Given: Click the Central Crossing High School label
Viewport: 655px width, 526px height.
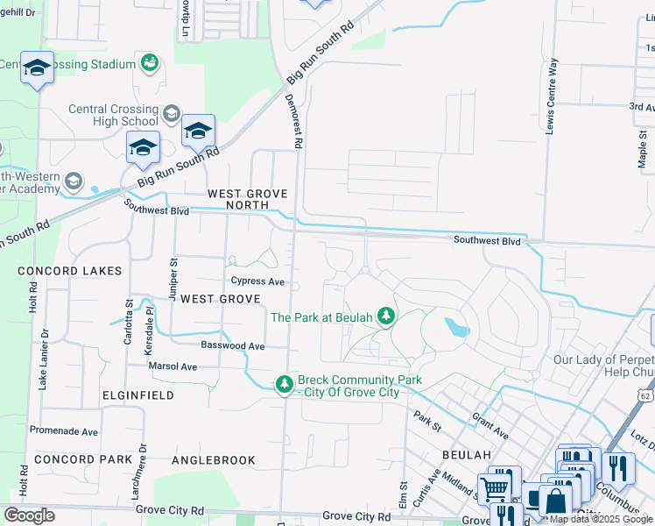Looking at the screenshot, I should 114,115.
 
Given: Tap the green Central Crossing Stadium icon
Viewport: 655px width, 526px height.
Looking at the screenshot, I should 149,63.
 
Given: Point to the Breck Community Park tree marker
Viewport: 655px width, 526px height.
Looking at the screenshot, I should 284,384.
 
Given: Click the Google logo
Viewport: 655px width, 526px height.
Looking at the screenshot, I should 29,515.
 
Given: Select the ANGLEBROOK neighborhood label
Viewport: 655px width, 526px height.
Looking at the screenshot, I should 214,459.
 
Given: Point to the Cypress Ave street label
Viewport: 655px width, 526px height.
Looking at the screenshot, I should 257,281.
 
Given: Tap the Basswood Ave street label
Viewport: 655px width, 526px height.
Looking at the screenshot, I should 232,346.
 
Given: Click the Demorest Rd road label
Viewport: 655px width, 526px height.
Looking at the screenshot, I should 295,123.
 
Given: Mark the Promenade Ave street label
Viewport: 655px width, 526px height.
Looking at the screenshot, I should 64,431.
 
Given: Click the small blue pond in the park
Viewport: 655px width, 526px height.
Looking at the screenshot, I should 456,328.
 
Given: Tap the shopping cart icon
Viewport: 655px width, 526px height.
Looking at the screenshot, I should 494,487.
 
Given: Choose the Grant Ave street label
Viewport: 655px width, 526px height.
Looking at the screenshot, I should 490,426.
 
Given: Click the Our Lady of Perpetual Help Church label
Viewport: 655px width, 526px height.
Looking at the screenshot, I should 603,366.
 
